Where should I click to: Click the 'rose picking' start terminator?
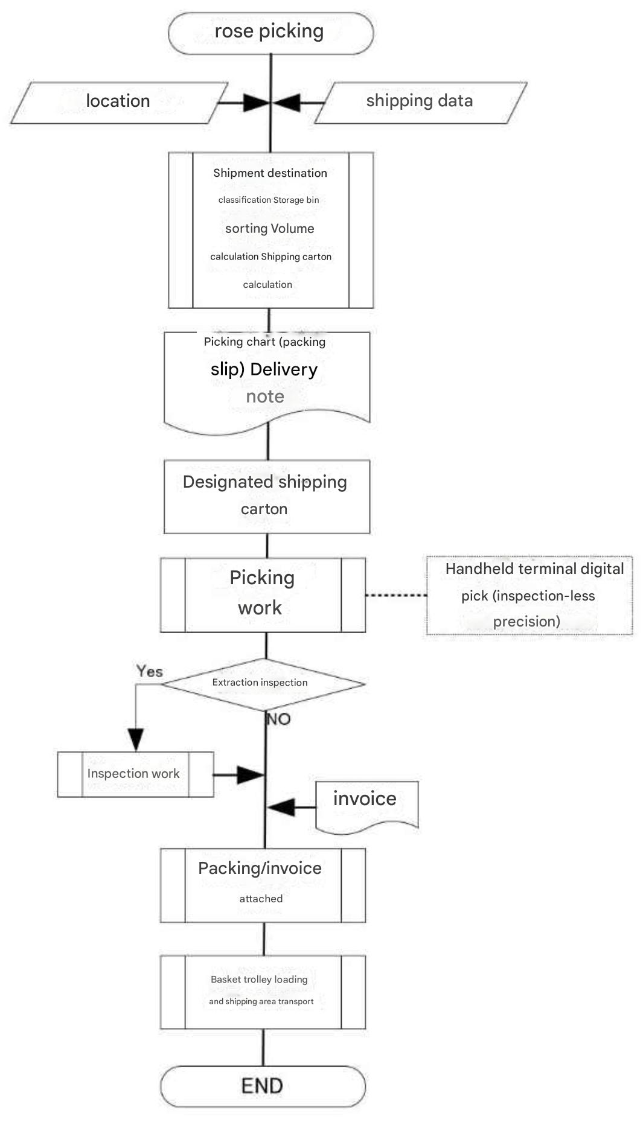click(270, 33)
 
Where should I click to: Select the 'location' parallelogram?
click(118, 102)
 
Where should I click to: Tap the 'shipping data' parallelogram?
click(420, 102)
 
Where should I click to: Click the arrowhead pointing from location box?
click(256, 103)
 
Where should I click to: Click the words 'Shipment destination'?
click(270, 173)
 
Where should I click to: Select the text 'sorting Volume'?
click(269, 229)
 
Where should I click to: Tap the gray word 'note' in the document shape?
click(264, 397)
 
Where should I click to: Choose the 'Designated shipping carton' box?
click(266, 496)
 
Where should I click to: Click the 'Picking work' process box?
click(263, 594)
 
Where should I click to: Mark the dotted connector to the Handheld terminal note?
click(395, 595)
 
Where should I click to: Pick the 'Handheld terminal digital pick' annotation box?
click(529, 595)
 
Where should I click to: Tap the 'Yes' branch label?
click(149, 671)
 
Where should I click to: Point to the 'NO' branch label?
click(278, 719)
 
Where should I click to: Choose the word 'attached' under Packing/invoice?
click(261, 899)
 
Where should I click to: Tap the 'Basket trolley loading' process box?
click(263, 991)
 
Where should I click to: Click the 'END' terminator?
click(263, 1086)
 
